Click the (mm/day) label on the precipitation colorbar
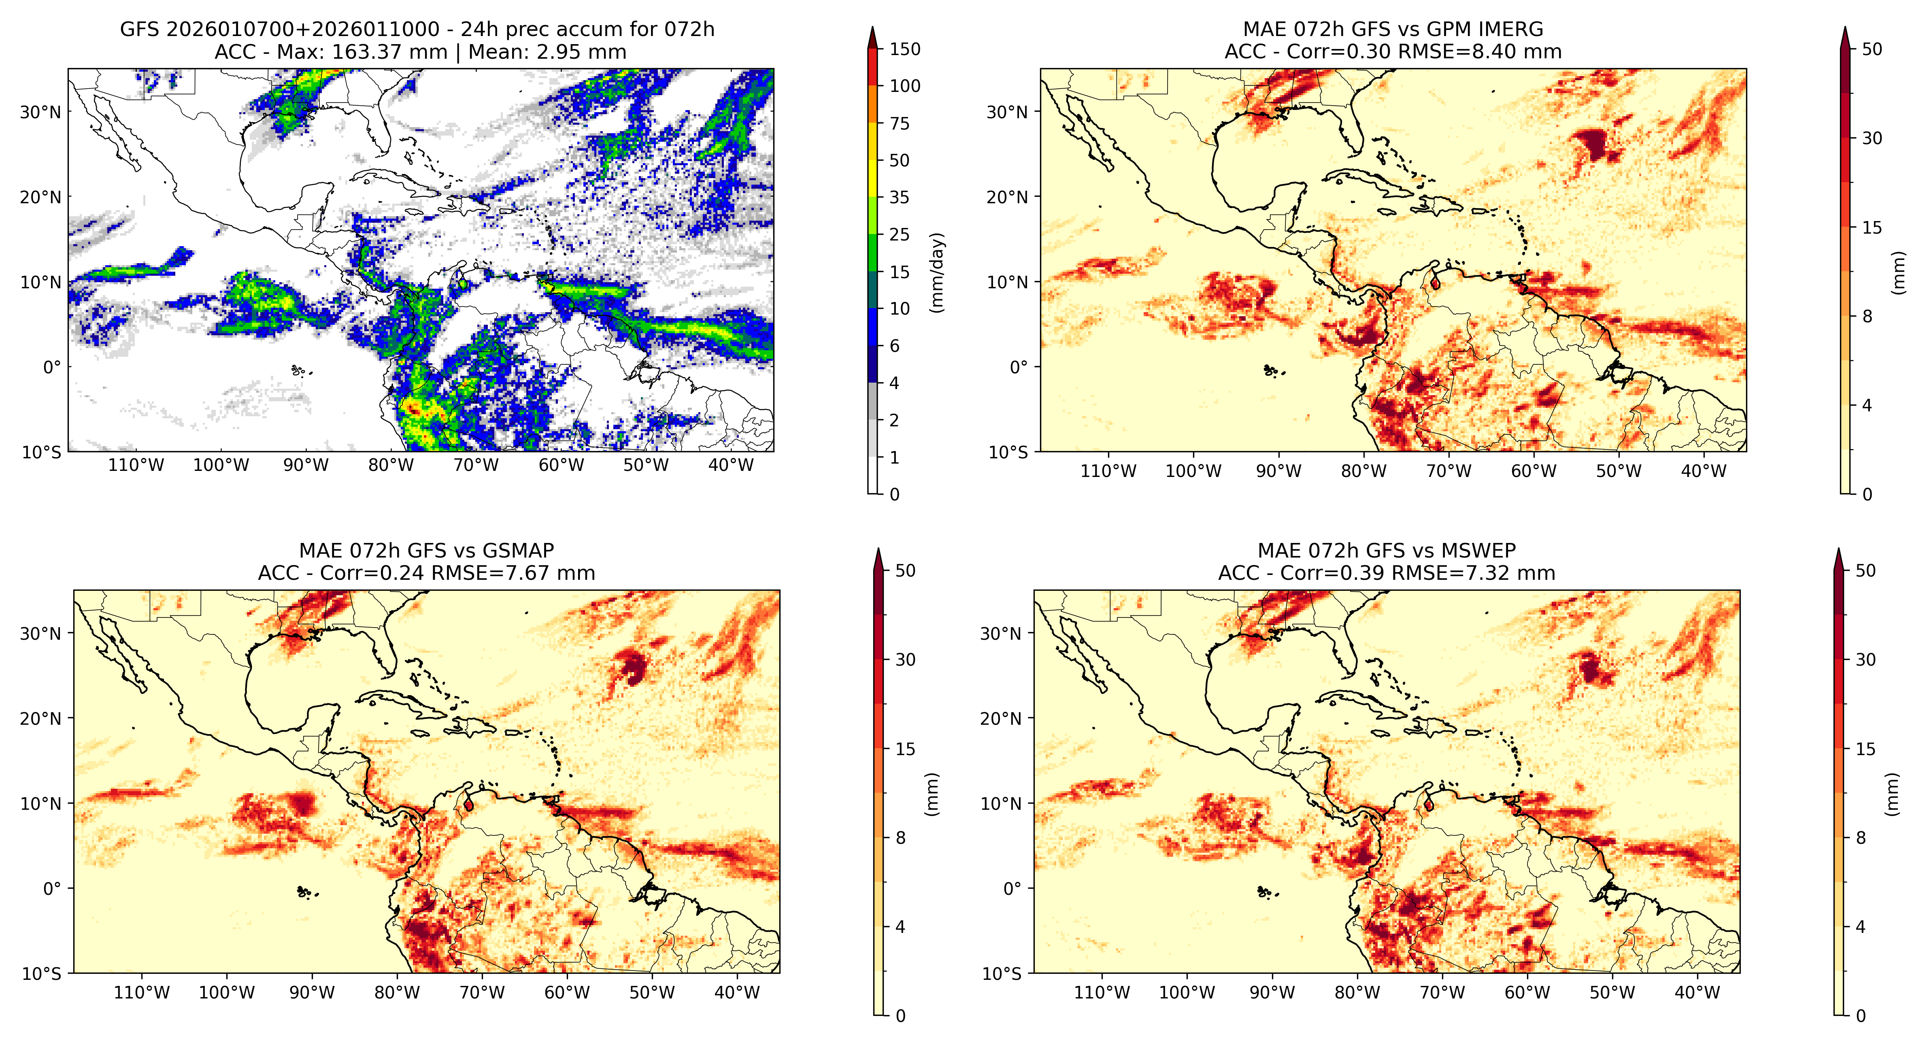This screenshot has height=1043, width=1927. point(936,272)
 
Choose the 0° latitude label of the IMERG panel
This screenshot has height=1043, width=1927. point(1019,367)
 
